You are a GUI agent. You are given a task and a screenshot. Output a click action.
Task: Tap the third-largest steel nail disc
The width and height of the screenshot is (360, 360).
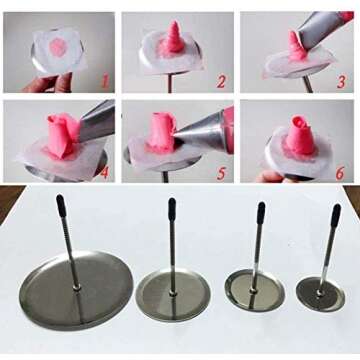pos(254,290)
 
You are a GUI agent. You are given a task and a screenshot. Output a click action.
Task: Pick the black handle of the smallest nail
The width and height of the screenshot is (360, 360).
pos(336,215)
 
